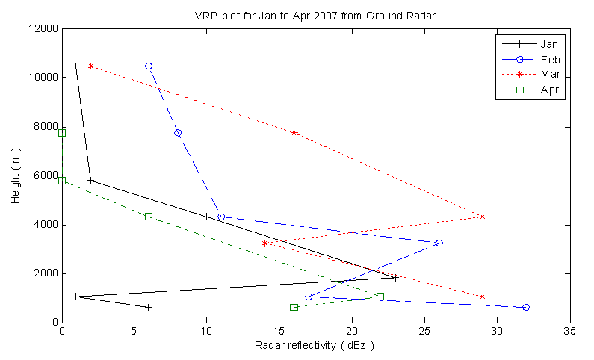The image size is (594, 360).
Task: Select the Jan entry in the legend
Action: point(552,44)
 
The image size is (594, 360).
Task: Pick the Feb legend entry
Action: point(552,59)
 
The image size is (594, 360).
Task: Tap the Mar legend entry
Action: point(552,75)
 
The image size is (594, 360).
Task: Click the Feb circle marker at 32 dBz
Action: point(526,307)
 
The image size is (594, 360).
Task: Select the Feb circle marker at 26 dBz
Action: point(439,243)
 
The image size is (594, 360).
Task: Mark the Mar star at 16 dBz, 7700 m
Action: point(294,133)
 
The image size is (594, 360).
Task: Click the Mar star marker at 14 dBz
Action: point(265,243)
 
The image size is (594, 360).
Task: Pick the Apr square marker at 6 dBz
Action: point(149,217)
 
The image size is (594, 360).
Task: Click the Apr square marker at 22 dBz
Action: point(380,297)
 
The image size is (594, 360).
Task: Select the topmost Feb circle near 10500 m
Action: point(149,66)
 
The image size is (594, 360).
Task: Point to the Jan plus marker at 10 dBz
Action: point(207,217)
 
